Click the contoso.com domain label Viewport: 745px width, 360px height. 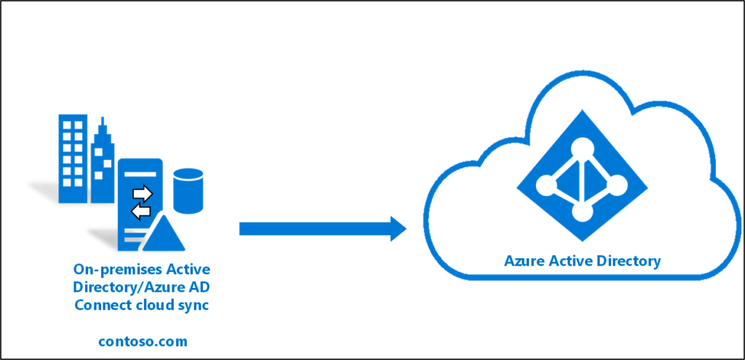click(x=143, y=341)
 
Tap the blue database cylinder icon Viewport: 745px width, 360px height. click(x=188, y=191)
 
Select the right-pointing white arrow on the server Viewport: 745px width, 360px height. click(x=143, y=193)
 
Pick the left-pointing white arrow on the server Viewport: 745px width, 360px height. click(x=140, y=211)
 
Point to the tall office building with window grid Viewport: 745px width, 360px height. click(x=73, y=159)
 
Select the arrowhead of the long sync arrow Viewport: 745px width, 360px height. click(x=398, y=229)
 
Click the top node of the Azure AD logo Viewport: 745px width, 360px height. click(x=581, y=149)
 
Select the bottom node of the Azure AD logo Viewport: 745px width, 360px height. click(x=581, y=212)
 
